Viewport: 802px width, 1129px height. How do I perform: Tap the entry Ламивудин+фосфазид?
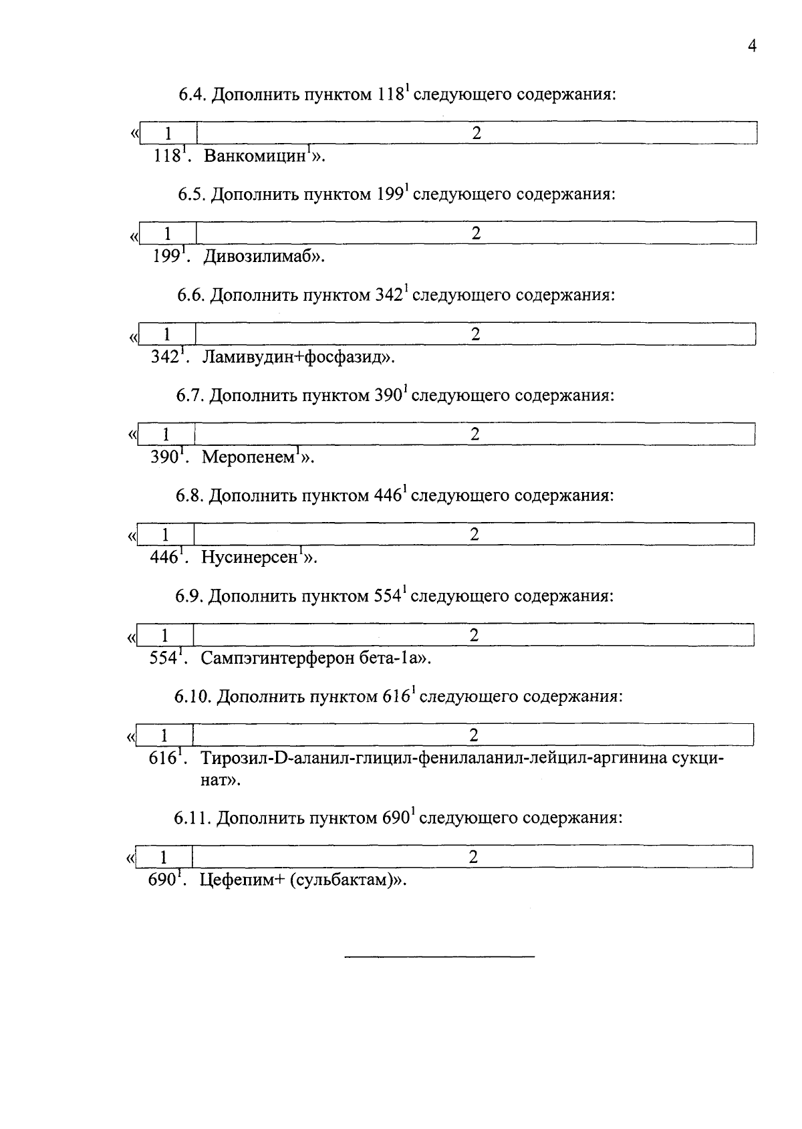(294, 357)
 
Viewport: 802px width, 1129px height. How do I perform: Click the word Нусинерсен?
(249, 557)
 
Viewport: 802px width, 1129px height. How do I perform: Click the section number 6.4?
(192, 95)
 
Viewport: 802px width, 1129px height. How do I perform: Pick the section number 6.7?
(190, 396)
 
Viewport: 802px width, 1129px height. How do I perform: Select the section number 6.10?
(193, 697)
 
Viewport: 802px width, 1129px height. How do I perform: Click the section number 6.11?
(193, 818)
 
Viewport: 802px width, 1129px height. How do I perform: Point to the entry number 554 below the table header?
(162, 658)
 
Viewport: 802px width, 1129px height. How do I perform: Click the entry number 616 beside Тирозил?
(162, 759)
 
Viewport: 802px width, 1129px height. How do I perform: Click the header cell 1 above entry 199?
(167, 233)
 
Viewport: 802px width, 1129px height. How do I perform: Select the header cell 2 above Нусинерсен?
(474, 534)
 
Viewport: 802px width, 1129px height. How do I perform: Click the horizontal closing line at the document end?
(439, 958)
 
